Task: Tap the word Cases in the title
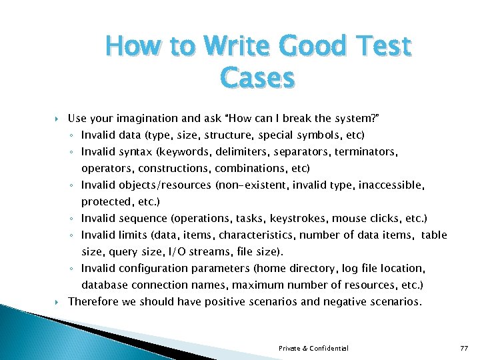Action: tap(257, 79)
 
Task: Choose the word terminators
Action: tap(366, 152)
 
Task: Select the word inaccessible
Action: tap(391, 185)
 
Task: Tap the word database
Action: tap(104, 285)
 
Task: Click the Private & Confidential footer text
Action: tap(313, 348)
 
